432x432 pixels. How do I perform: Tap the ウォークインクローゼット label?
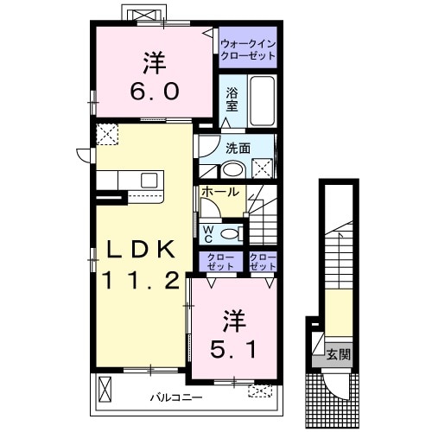(248, 48)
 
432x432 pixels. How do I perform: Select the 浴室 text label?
(232, 99)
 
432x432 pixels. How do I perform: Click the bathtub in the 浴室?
(262, 103)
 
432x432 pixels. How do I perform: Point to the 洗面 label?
(238, 148)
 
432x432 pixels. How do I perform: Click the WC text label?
(208, 232)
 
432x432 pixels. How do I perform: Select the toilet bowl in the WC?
(231, 232)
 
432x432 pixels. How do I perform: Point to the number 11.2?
(143, 279)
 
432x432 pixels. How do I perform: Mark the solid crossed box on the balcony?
(105, 389)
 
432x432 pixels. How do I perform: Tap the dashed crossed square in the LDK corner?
(108, 134)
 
